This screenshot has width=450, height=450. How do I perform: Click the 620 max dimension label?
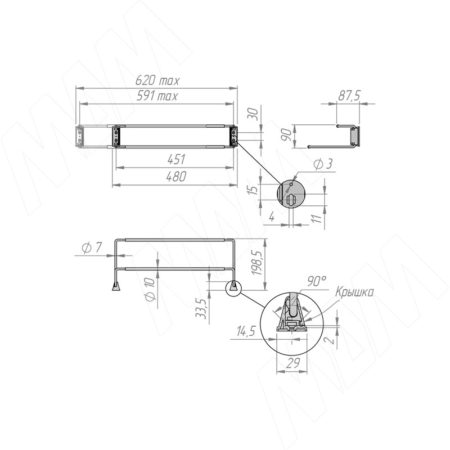point(157,80)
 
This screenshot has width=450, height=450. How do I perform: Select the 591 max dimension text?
point(157,96)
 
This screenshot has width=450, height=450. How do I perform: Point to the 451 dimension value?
point(176,160)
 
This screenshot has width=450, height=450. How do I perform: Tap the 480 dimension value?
point(176,177)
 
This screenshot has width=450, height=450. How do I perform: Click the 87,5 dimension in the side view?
point(349,96)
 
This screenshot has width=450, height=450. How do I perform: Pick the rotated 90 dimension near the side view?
point(286,134)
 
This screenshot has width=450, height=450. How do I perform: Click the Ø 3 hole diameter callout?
point(323,164)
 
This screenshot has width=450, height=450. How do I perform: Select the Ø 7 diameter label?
point(92,247)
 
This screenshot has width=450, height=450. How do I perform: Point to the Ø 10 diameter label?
point(150,289)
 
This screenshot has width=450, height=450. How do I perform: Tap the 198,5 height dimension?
point(256,263)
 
